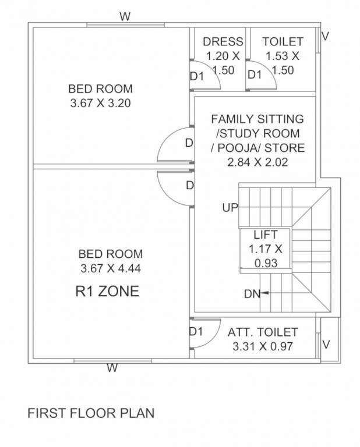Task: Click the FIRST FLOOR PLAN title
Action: click(91, 414)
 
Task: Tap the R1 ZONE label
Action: click(107, 291)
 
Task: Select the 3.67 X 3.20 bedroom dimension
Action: click(100, 104)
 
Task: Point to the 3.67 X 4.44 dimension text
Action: click(111, 268)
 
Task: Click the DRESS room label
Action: click(223, 41)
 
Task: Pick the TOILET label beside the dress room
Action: click(283, 41)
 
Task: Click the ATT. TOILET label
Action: click(263, 332)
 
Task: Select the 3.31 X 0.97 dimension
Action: click(262, 346)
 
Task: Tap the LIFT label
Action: click(265, 235)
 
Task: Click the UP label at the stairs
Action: click(230, 207)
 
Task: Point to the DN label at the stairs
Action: click(252, 294)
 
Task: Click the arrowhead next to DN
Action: click(265, 293)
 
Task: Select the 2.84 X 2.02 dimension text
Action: click(257, 162)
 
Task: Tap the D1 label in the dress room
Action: click(197, 76)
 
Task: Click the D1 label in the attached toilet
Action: click(196, 332)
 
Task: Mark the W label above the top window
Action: click(125, 16)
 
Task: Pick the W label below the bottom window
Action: click(112, 368)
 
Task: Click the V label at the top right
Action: click(325, 36)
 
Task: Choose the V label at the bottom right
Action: click(326, 345)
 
